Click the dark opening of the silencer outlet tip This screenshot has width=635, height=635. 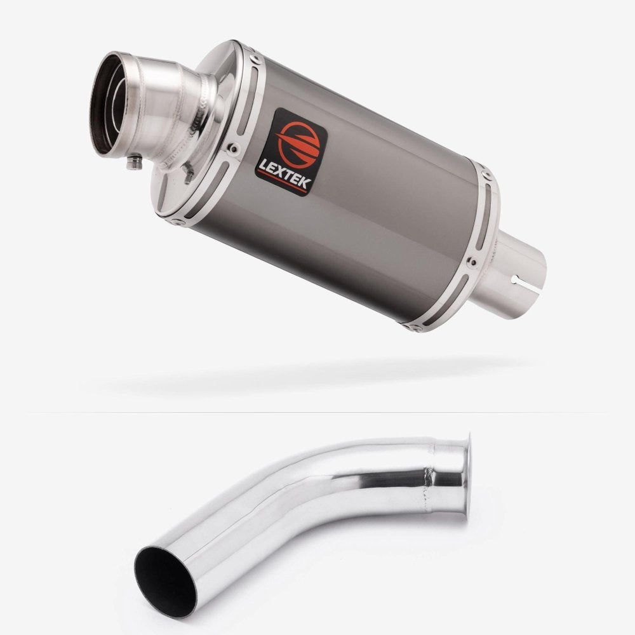click(106, 105)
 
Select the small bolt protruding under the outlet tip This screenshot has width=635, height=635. click(135, 162)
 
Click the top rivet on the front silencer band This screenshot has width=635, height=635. click(255, 59)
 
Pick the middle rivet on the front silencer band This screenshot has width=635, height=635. click(233, 148)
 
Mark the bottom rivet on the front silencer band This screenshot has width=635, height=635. click(177, 222)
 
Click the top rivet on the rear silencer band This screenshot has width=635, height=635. click(486, 175)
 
